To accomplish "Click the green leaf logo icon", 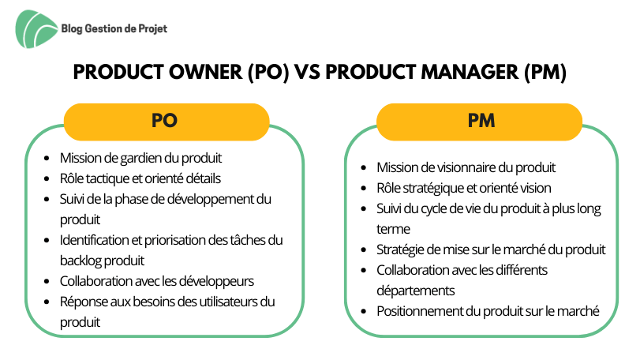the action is click(x=36, y=29).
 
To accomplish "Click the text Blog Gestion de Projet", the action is click(x=114, y=28).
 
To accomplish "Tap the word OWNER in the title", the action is click(x=206, y=73).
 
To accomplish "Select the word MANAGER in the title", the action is click(x=470, y=73).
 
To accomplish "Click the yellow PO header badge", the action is click(x=167, y=122).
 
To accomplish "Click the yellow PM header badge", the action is click(x=479, y=122).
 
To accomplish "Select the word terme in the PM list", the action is click(x=393, y=229).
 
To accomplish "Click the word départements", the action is click(x=416, y=291).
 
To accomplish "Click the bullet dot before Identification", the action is click(x=47, y=241).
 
